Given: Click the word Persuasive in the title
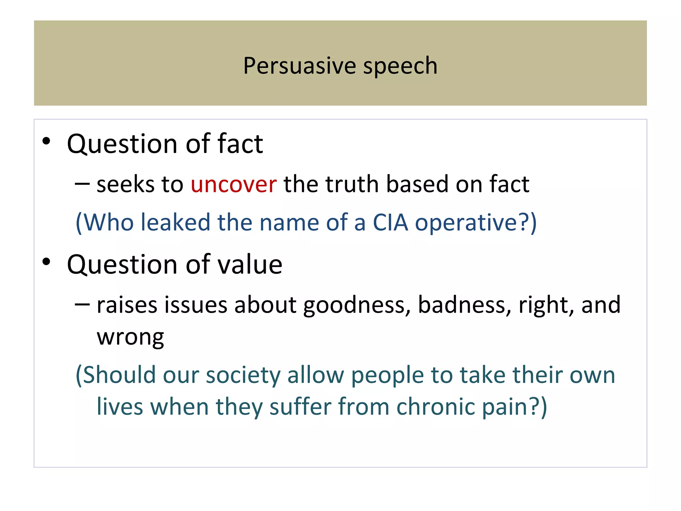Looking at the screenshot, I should [x=299, y=66].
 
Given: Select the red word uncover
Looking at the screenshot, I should [x=233, y=184].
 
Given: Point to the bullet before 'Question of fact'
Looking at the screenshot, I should [x=46, y=141].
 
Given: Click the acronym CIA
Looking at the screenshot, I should [x=390, y=222].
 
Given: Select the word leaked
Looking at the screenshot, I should [x=175, y=222].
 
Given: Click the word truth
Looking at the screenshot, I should [x=352, y=184].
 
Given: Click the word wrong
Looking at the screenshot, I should [x=130, y=338].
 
